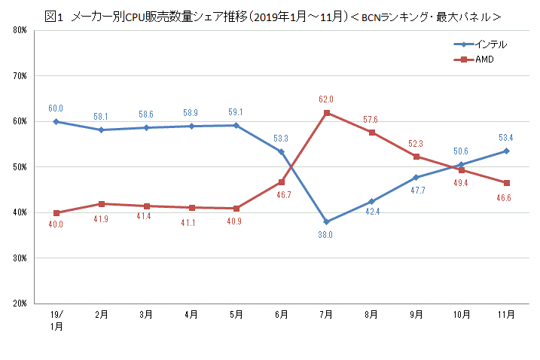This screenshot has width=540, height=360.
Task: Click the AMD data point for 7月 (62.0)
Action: click(326, 113)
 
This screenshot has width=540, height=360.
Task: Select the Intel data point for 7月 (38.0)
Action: click(326, 222)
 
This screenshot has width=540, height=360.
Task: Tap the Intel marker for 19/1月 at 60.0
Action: click(56, 121)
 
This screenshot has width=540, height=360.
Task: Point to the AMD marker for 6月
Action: click(281, 182)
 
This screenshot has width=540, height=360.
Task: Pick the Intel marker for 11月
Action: click(506, 151)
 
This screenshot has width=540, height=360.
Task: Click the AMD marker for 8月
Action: click(371, 133)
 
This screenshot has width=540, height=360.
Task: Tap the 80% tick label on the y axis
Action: click(20, 31)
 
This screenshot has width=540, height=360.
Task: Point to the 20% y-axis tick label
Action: click(20, 304)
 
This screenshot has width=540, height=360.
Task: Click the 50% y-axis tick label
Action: click(20, 167)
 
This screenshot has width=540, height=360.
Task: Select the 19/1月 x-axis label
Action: click(56, 321)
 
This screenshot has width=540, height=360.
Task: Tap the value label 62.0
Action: click(326, 99)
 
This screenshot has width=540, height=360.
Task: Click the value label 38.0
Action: click(326, 235)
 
